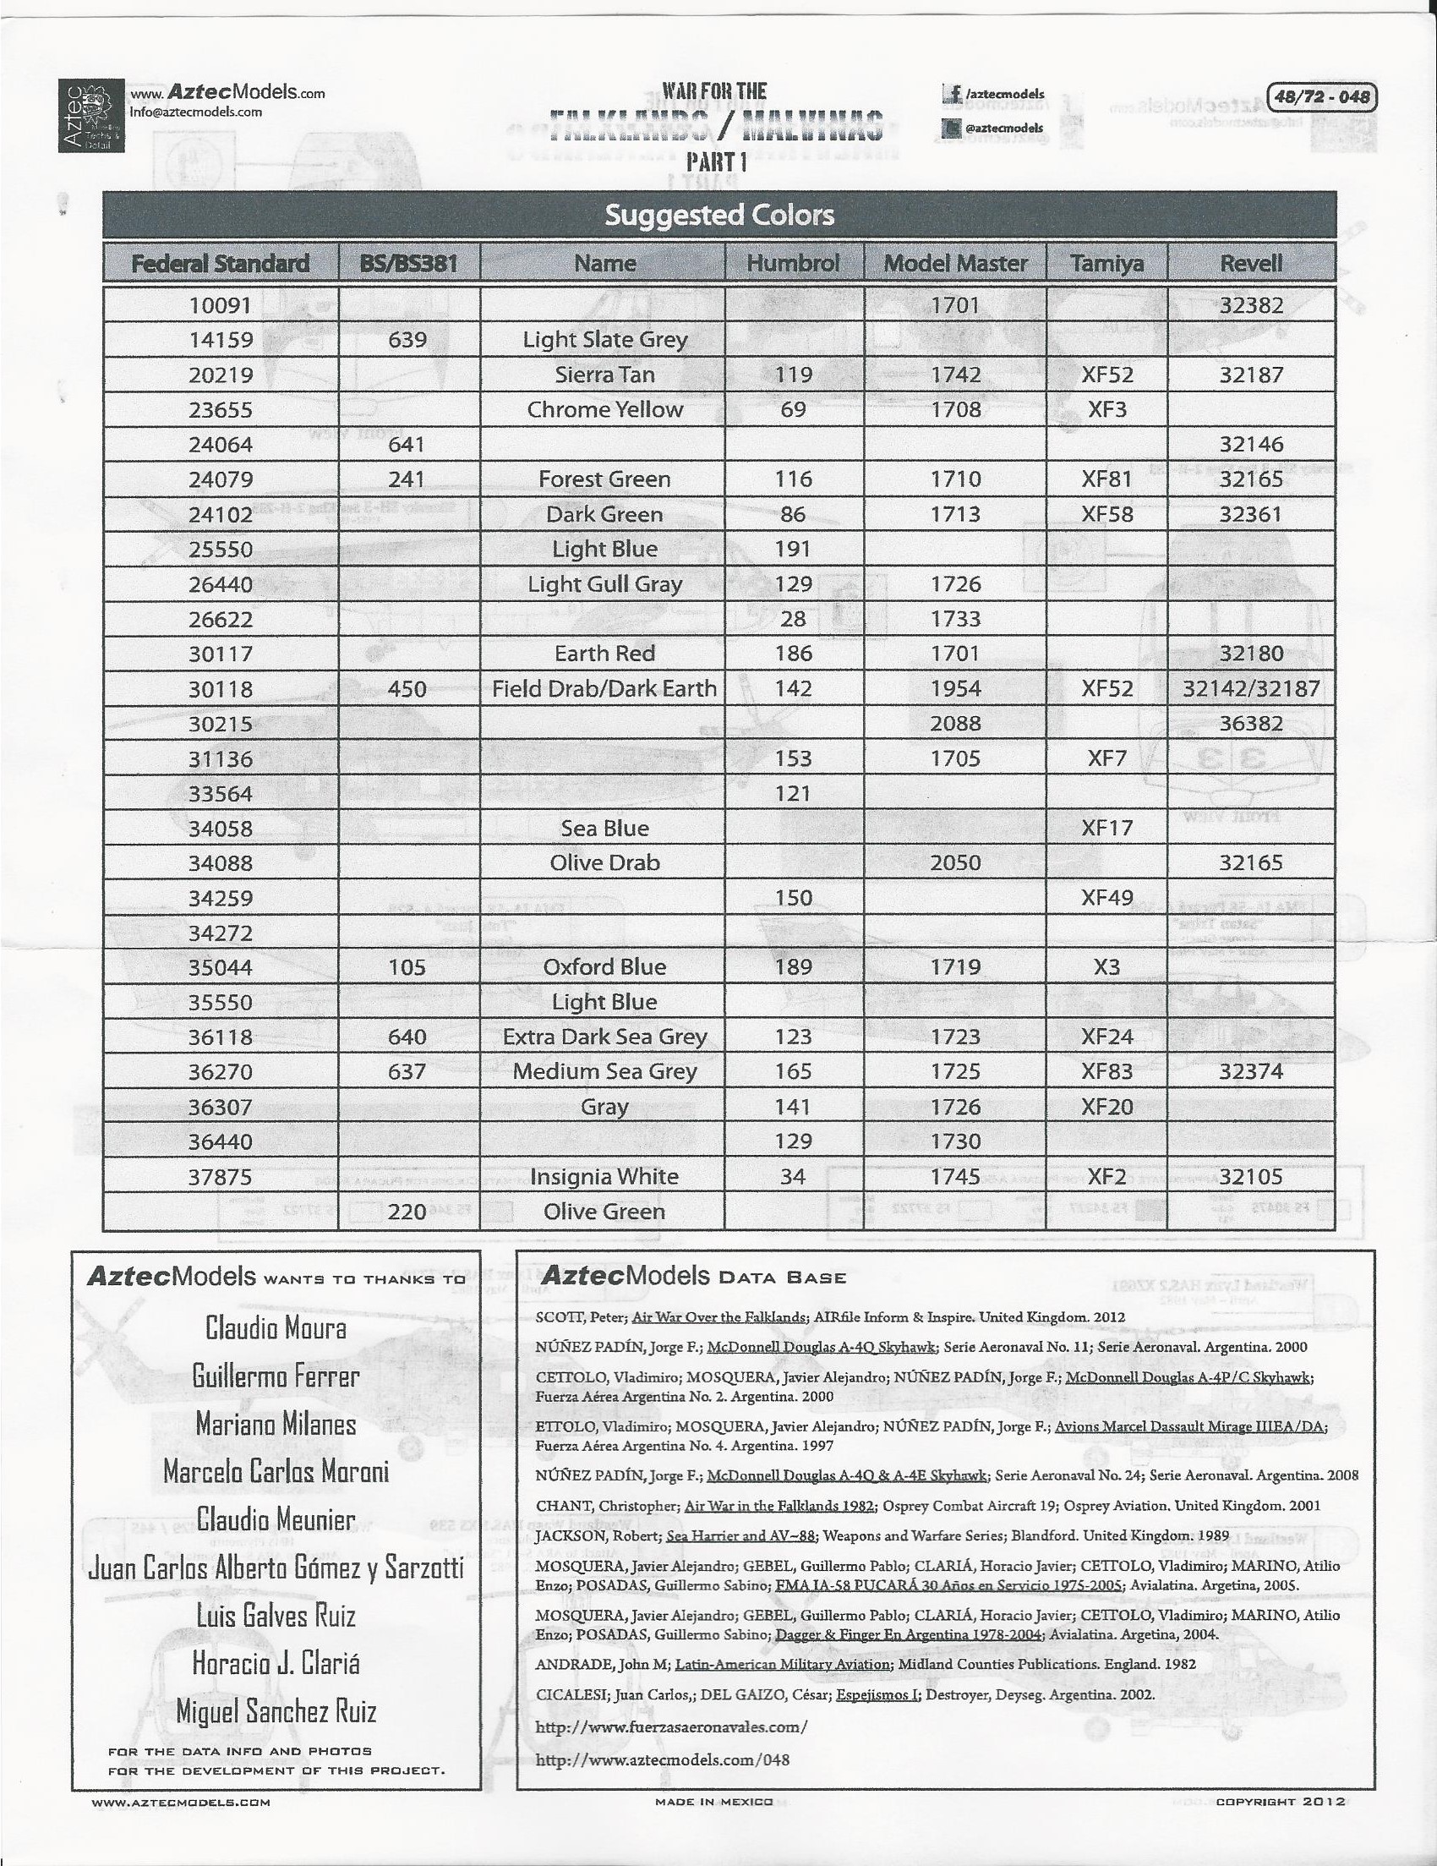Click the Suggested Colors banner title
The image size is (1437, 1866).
coord(718,215)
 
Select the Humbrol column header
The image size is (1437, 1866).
coord(793,263)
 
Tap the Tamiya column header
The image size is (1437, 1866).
coord(1106,263)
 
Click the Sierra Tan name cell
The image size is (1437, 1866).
coord(604,375)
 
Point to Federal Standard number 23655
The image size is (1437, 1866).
coord(221,409)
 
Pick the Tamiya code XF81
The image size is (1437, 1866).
coord(1106,479)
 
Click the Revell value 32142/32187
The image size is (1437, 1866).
coord(1251,688)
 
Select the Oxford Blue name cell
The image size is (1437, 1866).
coord(604,966)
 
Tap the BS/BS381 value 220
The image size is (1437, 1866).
coord(407,1211)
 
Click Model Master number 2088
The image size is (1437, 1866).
coord(955,724)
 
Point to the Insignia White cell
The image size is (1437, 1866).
coord(604,1177)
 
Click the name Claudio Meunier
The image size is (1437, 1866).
coord(275,1519)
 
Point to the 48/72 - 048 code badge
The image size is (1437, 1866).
coord(1321,96)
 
